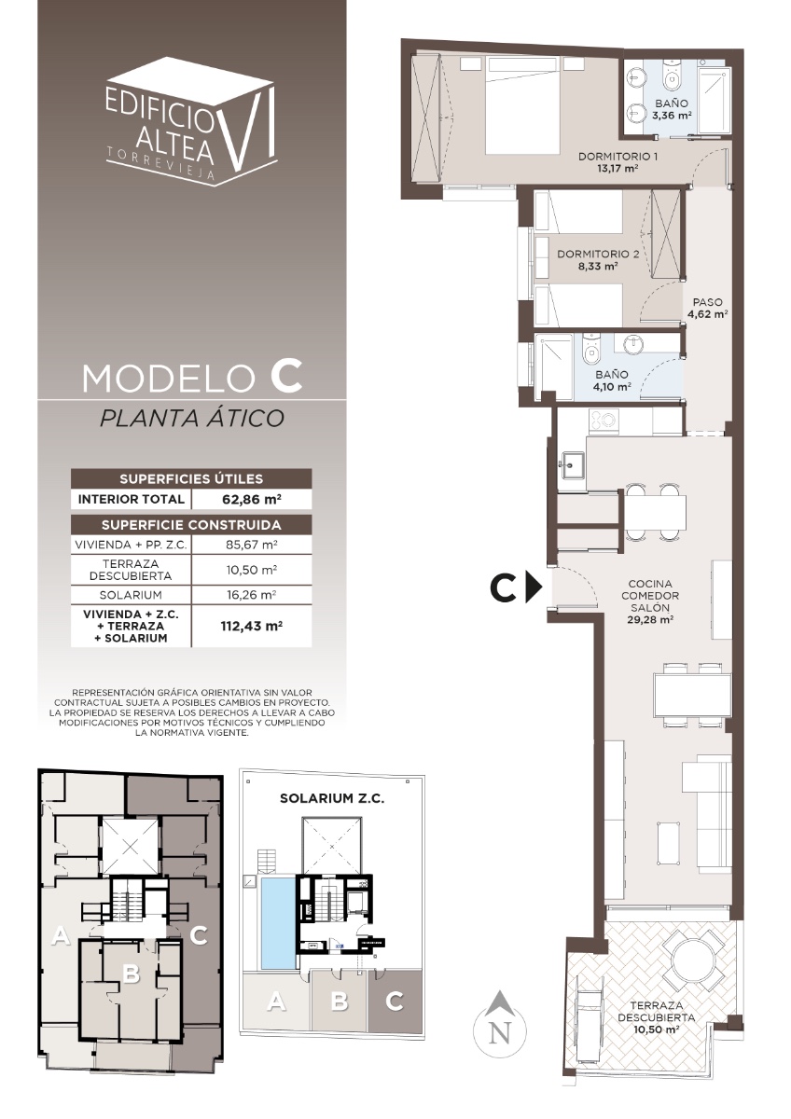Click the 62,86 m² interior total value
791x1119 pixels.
click(252, 499)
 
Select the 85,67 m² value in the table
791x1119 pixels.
click(251, 545)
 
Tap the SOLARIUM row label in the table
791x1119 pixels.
click(131, 595)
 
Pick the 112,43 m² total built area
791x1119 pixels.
click(252, 626)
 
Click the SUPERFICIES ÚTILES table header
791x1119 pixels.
click(191, 478)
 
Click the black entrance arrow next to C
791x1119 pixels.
click(535, 589)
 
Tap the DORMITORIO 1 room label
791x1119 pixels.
click(618, 157)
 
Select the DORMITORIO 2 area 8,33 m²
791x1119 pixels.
click(598, 267)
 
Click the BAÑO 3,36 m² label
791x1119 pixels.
click(672, 109)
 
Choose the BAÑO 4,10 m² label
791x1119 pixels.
click(612, 380)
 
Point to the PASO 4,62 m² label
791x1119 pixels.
click(708, 309)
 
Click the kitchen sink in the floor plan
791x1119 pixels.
click(572, 464)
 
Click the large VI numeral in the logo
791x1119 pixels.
click(249, 128)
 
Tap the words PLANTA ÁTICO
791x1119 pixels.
click(192, 418)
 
